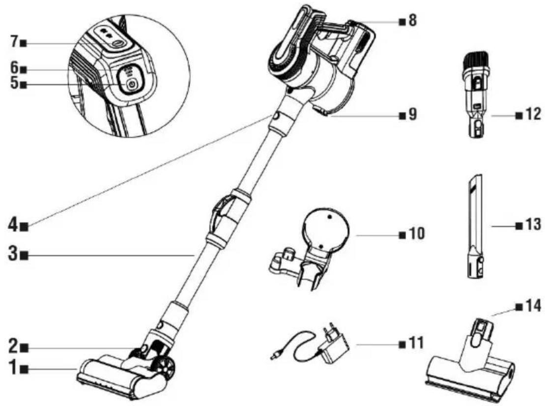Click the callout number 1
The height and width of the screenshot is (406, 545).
pyautogui.click(x=13, y=368)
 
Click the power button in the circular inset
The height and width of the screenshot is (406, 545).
pyautogui.click(x=132, y=85)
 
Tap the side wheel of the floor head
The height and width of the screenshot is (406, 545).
pyautogui.click(x=166, y=369)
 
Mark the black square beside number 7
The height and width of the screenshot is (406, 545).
pyautogui.click(x=24, y=43)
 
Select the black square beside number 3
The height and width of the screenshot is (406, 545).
pyautogui.click(x=24, y=256)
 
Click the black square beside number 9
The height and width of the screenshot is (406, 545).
pyautogui.click(x=402, y=115)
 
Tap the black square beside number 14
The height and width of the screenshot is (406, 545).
pyautogui.click(x=519, y=307)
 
